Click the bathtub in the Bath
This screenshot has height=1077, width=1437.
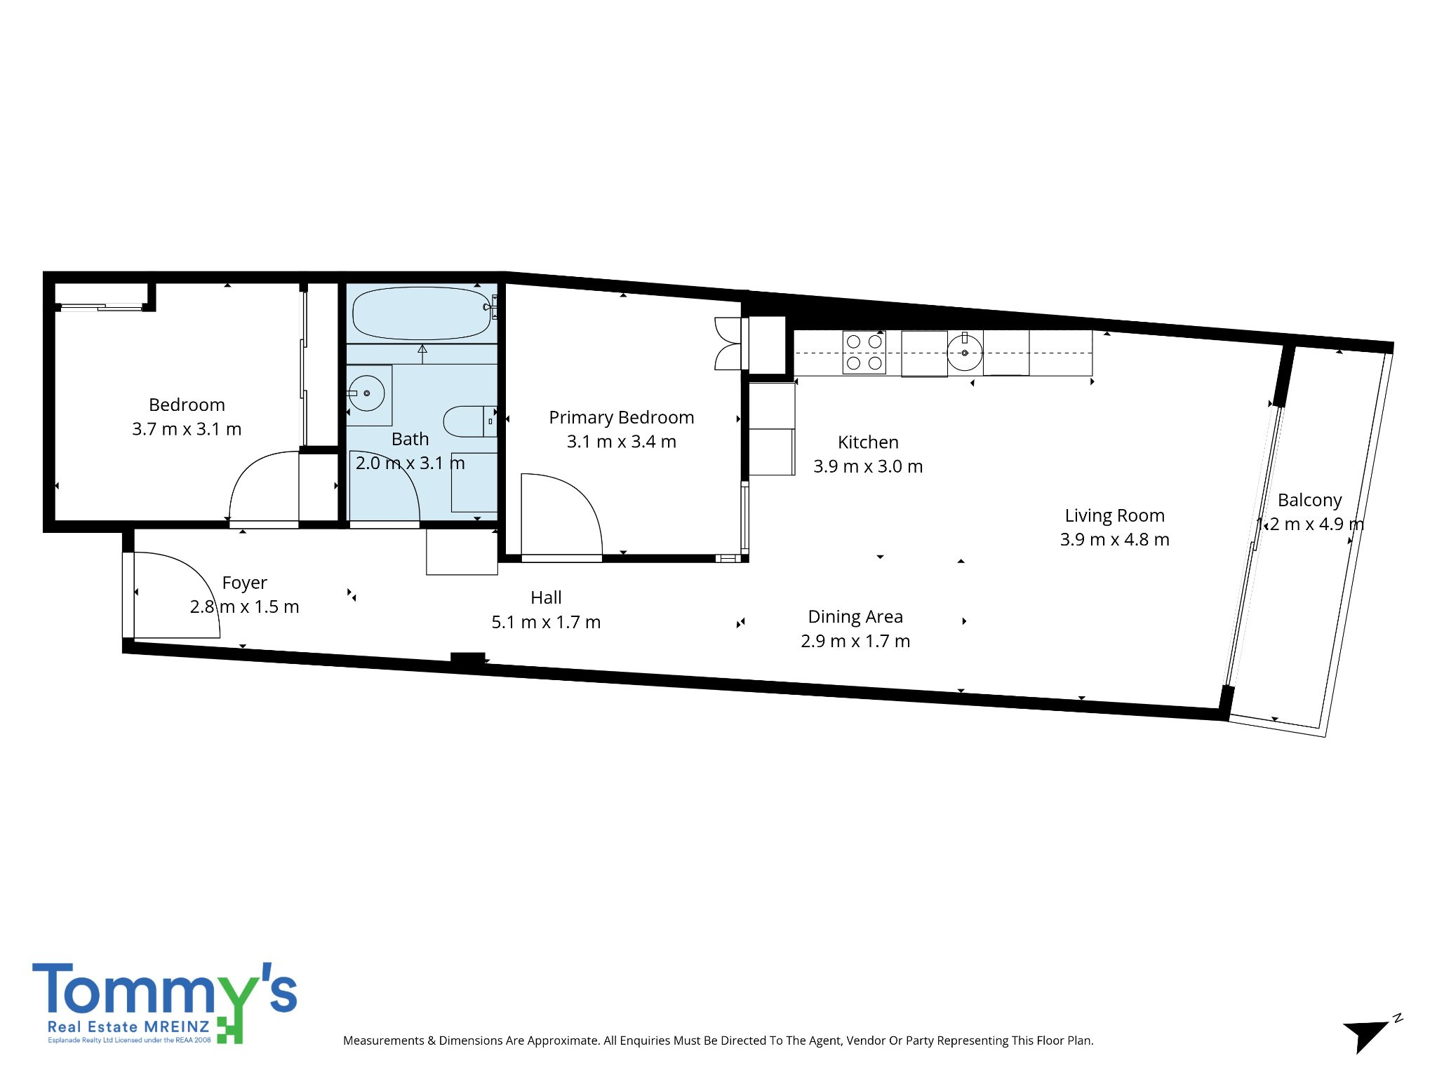coord(421,313)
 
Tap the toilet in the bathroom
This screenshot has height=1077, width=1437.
coord(469,421)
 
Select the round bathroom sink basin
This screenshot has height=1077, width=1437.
coord(367,393)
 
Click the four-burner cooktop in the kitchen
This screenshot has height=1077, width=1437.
coord(864,352)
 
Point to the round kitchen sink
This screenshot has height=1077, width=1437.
coord(965,353)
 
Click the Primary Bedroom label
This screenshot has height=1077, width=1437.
coord(622,417)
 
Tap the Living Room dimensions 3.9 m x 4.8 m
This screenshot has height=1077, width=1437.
coord(1114,539)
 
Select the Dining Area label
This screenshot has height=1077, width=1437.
coord(855,616)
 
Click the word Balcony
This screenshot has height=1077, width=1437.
coord(1309,501)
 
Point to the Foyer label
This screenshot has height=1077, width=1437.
coord(244,583)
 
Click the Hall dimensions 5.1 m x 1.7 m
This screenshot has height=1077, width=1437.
coord(546,622)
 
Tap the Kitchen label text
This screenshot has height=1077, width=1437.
coord(868,442)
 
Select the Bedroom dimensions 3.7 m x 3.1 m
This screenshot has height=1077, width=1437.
coord(187,429)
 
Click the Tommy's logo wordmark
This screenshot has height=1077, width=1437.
coord(165,989)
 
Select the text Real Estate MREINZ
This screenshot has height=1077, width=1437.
coord(128,1027)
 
